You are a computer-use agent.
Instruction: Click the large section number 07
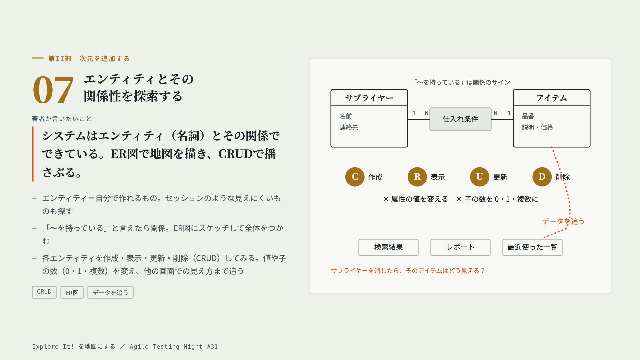pyautogui.click(x=53, y=89)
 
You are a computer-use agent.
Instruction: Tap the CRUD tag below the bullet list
pyautogui.click(x=44, y=292)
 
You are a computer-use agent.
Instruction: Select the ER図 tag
pyautogui.click(x=72, y=292)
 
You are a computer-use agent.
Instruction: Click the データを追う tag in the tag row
pyautogui.click(x=110, y=292)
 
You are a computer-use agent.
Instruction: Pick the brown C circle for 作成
pyautogui.click(x=355, y=177)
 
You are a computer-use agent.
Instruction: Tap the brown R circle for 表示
pyautogui.click(x=417, y=177)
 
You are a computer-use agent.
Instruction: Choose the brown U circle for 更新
pyautogui.click(x=480, y=177)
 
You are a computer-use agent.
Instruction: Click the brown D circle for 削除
pyautogui.click(x=542, y=177)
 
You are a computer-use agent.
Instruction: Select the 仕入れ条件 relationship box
pyautogui.click(x=460, y=119)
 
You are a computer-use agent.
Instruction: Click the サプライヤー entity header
pyautogui.click(x=369, y=98)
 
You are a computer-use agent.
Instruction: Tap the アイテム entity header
pyautogui.click(x=552, y=98)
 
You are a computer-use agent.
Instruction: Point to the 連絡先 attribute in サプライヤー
pyautogui.click(x=349, y=127)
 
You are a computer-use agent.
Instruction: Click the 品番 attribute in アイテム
pyautogui.click(x=528, y=116)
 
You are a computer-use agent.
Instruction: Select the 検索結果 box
pyautogui.click(x=388, y=247)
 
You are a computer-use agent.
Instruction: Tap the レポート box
pyautogui.click(x=460, y=247)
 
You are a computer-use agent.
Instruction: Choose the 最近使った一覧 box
pyautogui.click(x=532, y=247)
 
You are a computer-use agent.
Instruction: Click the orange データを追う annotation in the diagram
pyautogui.click(x=563, y=221)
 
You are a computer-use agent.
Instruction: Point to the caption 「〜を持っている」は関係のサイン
pyautogui.click(x=461, y=82)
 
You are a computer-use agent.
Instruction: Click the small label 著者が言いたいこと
pyautogui.click(x=62, y=119)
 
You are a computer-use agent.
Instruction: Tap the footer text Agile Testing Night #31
pyautogui.click(x=174, y=347)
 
